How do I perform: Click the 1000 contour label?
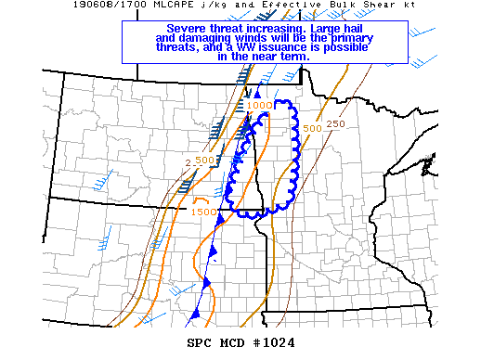coord(259,106)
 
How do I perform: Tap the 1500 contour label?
coord(203,212)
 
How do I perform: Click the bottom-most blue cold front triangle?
coord(196,315)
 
